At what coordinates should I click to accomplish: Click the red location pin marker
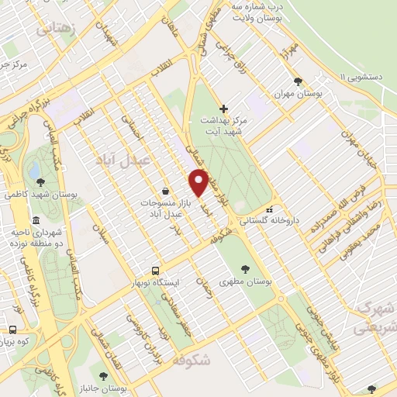click(x=199, y=181)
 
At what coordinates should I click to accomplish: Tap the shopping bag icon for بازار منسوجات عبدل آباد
click(x=166, y=191)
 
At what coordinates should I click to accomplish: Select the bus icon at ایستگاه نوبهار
click(x=156, y=271)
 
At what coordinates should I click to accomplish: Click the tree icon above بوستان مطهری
click(x=246, y=269)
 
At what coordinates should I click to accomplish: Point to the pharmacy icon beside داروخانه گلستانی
click(x=269, y=209)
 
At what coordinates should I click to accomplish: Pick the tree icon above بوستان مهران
click(x=298, y=81)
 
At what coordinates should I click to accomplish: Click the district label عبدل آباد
click(x=117, y=160)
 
